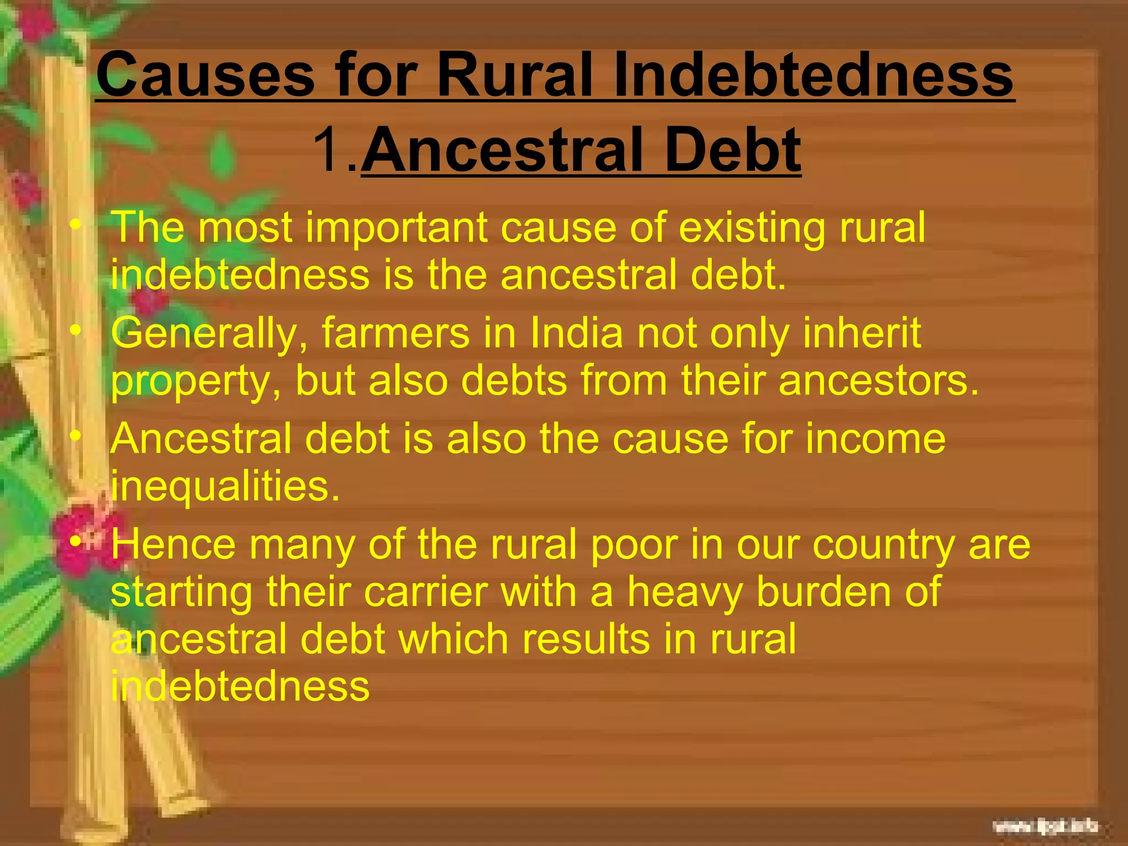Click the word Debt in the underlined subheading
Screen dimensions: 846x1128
coord(732,149)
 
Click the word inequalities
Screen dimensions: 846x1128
coord(225,487)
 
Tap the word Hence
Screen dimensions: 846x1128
coord(173,544)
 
